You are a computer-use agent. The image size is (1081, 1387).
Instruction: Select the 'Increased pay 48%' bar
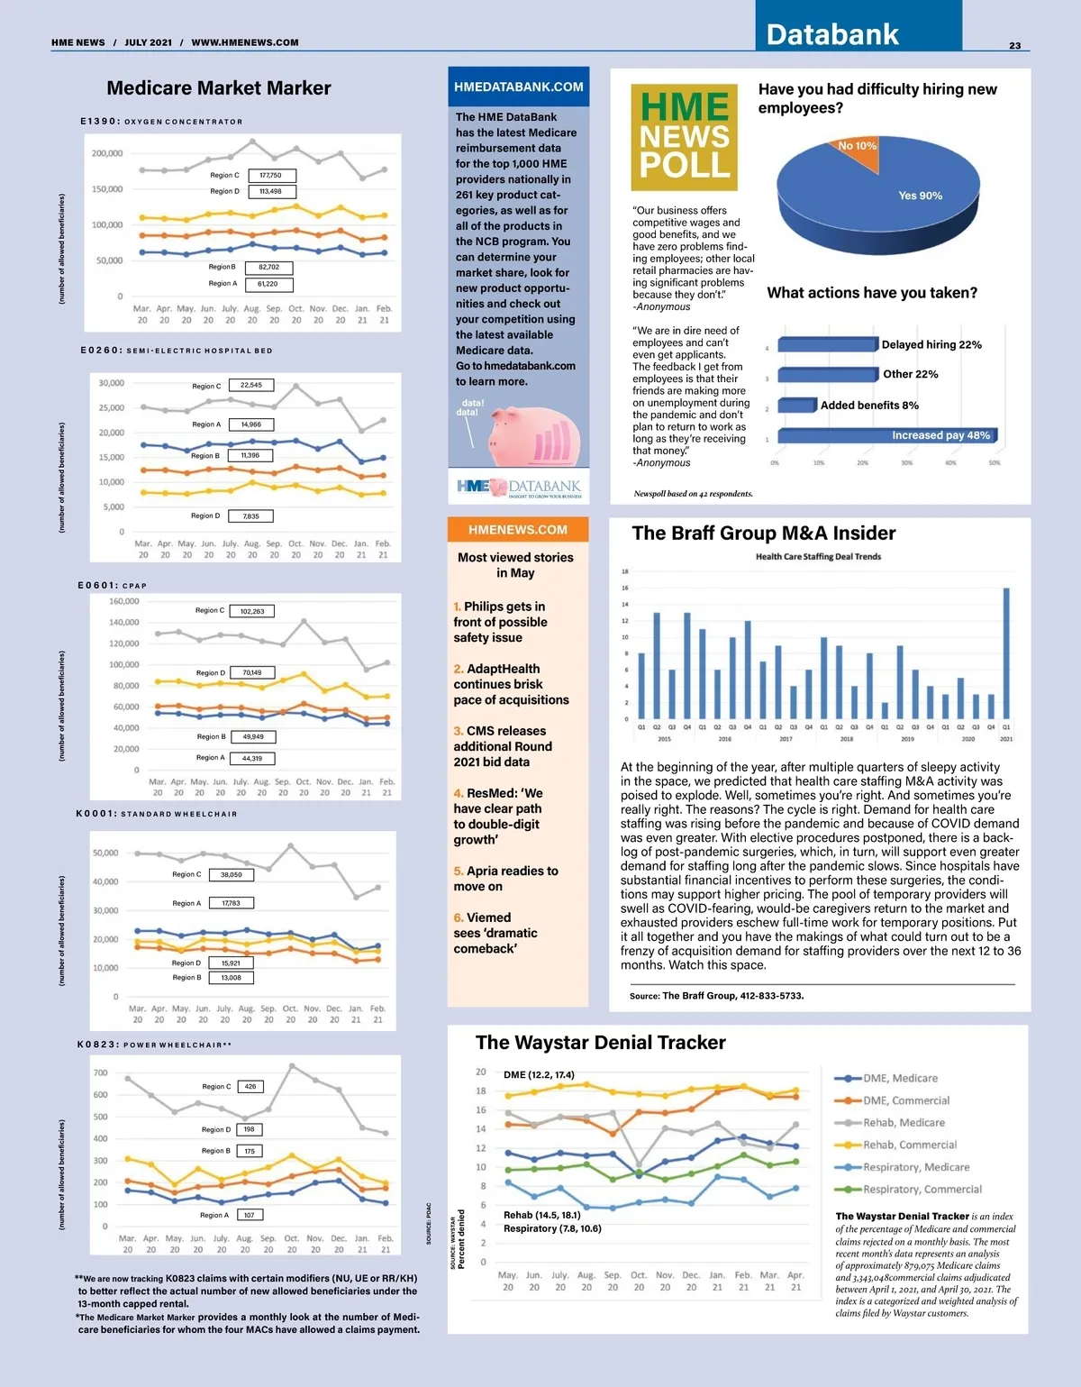click(886, 435)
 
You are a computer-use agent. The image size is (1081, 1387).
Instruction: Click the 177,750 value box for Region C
click(270, 176)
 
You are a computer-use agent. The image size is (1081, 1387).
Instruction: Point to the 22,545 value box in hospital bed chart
click(250, 385)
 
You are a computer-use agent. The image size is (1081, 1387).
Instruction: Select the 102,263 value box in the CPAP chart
click(252, 611)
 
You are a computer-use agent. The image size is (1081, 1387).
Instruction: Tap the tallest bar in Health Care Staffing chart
click(1006, 653)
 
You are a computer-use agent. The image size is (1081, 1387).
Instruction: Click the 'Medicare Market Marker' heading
click(219, 88)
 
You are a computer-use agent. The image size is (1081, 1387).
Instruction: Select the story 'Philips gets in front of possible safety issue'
click(501, 622)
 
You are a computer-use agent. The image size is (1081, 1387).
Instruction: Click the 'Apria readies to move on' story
click(506, 879)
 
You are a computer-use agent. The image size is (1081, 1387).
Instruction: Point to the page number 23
click(1015, 46)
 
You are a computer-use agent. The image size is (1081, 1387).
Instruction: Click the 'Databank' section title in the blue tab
click(832, 34)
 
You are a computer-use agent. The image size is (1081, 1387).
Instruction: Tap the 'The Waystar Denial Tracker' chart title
click(601, 1043)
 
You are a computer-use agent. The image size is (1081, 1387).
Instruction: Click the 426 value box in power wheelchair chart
click(250, 1086)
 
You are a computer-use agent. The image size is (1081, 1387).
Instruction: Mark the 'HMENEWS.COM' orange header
click(518, 530)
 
